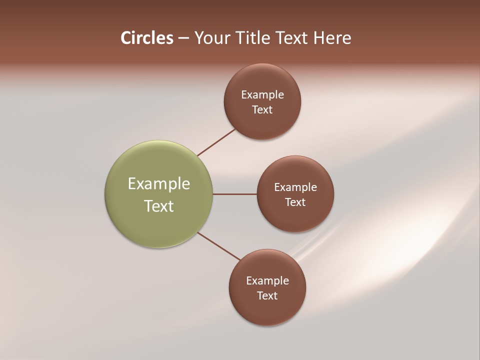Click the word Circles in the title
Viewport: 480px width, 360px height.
[147, 38]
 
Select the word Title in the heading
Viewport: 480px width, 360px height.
[255, 38]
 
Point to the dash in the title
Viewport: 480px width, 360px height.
[183, 38]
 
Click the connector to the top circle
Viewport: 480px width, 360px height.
[216, 142]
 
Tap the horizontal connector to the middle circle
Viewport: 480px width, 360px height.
[235, 194]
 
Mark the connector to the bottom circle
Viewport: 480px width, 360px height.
[219, 246]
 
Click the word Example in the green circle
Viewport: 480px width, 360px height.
[159, 184]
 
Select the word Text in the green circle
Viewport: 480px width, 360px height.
[159, 206]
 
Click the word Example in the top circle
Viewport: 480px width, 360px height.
[262, 95]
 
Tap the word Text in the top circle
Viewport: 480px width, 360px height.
[262, 110]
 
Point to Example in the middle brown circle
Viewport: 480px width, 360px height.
[295, 187]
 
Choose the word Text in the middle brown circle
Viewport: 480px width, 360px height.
[295, 202]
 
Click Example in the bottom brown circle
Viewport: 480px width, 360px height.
[267, 281]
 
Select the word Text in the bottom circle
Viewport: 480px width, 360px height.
[267, 296]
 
